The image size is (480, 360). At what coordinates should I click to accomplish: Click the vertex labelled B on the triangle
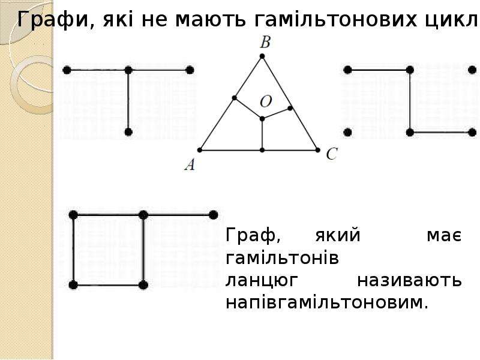click(x=262, y=56)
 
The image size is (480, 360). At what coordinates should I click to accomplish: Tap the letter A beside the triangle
click(x=190, y=164)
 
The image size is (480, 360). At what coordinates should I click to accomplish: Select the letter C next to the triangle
click(x=332, y=154)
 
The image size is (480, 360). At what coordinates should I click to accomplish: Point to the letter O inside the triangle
click(x=266, y=101)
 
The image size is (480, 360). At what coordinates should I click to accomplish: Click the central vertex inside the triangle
click(x=262, y=119)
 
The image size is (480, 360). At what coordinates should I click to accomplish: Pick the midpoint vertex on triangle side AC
click(x=262, y=150)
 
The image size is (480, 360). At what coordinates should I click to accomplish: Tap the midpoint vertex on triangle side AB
click(x=234, y=98)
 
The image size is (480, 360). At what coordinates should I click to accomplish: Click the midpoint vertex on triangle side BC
click(x=290, y=108)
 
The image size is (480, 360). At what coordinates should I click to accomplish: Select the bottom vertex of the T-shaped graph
click(x=128, y=132)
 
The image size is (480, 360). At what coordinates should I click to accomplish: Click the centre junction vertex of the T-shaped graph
click(x=128, y=70)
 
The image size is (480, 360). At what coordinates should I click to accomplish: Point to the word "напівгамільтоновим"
click(x=326, y=302)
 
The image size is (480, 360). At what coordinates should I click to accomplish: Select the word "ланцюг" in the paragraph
click(x=262, y=281)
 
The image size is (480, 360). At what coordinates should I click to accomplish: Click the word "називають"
click(x=409, y=280)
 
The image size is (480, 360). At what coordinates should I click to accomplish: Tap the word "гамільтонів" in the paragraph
click(x=282, y=258)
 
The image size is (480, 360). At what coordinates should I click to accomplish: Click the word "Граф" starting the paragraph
click(x=253, y=236)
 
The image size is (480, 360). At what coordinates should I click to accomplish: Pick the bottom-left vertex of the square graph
click(x=73, y=285)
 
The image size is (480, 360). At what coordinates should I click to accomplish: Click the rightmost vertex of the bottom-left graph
click(x=214, y=215)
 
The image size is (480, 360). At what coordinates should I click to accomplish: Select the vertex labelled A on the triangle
click(x=200, y=150)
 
